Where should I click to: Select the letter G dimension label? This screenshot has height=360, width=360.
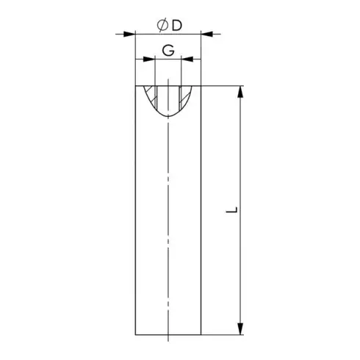coord(168,51)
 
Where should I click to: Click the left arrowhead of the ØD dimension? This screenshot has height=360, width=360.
coord(130,34)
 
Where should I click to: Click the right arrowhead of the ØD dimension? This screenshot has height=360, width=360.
coord(207,34)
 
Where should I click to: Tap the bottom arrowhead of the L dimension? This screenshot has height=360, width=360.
coord(240,327)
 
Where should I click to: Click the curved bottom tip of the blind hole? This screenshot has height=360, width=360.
coord(168,116)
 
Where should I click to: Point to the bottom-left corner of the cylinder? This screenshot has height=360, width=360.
coord(135,333)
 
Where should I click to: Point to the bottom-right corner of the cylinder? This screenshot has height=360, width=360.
coord(201,333)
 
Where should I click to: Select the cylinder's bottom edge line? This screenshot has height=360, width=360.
coord(168,333)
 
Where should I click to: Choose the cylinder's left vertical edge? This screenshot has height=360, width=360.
coord(135,220)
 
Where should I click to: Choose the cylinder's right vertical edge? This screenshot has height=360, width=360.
coord(201,220)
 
